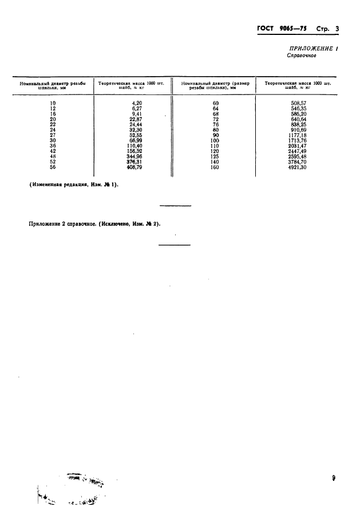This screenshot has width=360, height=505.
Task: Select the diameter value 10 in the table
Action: [x=53, y=103]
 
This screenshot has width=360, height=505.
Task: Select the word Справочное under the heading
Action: [x=302, y=57]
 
